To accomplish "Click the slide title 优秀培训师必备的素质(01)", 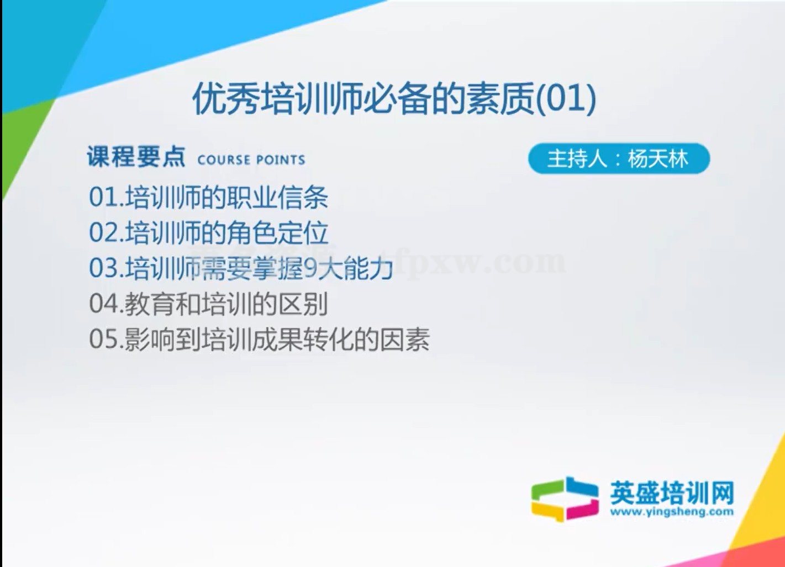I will point(394,99).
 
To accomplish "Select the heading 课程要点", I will point(136,157).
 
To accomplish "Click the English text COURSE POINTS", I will point(251,160).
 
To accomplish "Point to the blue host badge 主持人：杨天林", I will point(619,159).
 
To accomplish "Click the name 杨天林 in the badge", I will point(658,159).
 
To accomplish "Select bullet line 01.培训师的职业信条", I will point(209,197).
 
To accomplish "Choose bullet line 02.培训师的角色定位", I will point(209,232).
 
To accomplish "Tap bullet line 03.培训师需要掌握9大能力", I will point(241,268).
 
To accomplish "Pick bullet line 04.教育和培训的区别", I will point(209,304).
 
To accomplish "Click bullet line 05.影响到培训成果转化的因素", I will point(259,339).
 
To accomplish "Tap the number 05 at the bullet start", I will point(103,340).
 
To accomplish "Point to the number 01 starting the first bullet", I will point(103,198).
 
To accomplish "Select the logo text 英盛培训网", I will point(672,492).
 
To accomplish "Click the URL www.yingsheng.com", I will point(672,512).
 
